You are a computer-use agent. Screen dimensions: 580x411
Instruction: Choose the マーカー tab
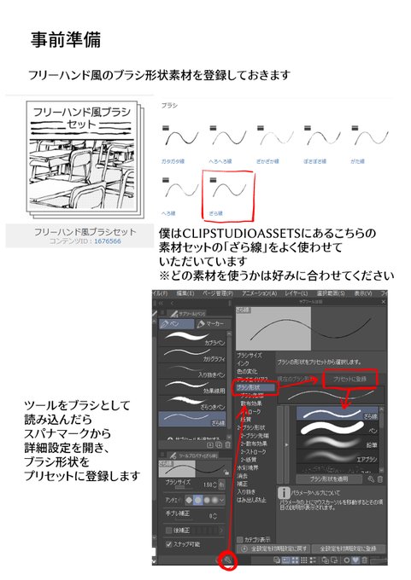214,323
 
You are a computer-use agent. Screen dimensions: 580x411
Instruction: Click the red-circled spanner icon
228,560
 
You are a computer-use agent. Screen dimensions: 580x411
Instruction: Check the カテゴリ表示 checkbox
242,539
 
